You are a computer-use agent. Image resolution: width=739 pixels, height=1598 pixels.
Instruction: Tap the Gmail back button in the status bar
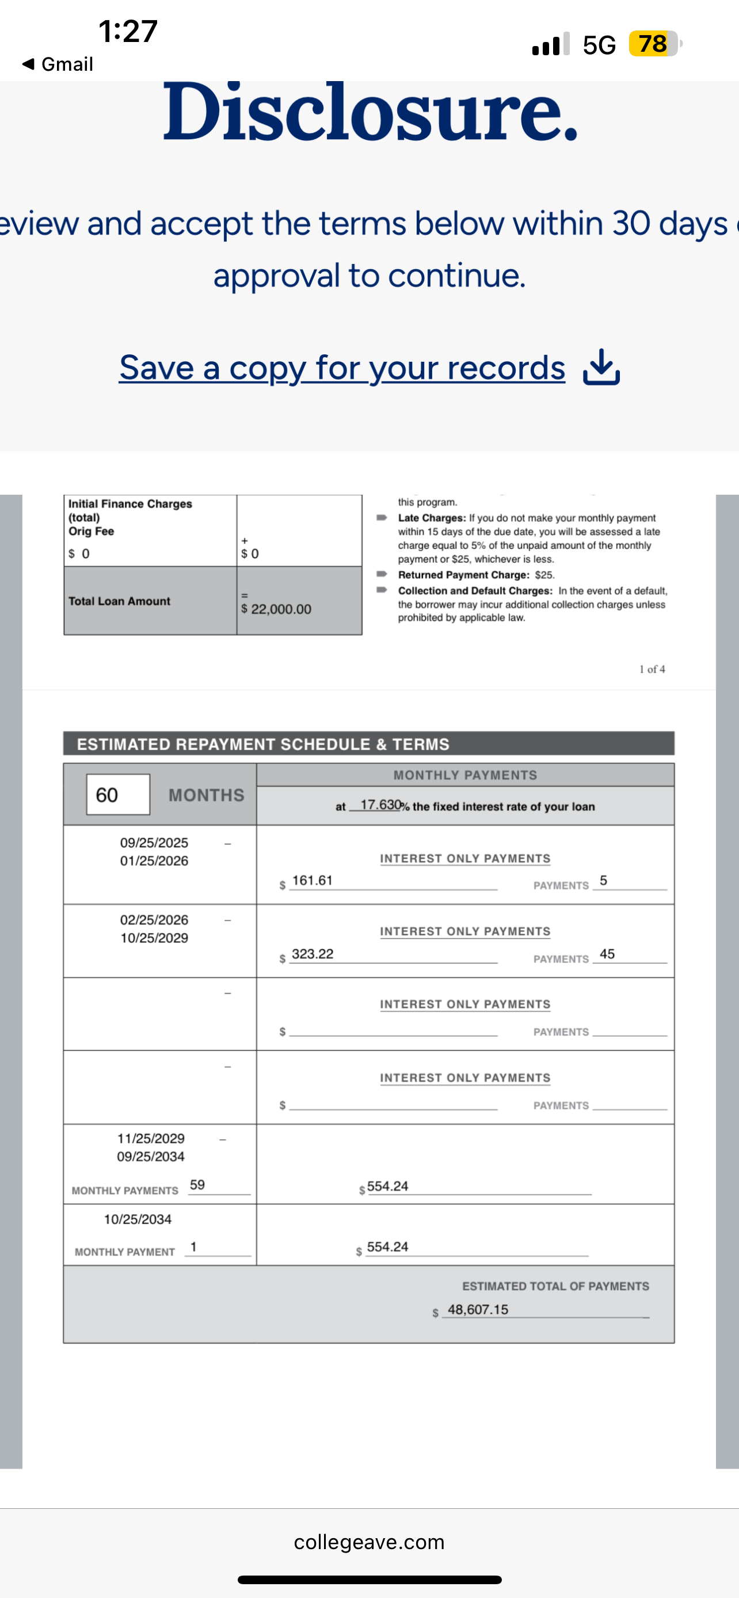tap(57, 64)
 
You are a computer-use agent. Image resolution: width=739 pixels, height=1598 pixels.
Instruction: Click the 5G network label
tap(599, 45)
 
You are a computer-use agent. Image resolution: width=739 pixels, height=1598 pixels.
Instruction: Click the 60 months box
tap(118, 794)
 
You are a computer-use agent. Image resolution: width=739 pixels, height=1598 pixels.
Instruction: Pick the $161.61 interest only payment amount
tap(312, 881)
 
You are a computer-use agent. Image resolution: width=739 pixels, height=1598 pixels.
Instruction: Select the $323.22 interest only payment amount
tap(312, 954)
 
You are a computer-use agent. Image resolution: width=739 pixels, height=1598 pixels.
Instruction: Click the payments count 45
tap(607, 954)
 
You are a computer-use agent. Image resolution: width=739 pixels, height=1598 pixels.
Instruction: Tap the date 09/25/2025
tap(154, 842)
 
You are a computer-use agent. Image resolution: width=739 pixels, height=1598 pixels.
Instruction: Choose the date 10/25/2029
tap(154, 938)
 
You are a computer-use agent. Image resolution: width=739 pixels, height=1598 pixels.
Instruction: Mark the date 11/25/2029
tap(151, 1138)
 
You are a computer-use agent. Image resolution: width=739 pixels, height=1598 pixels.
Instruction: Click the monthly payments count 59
tap(197, 1185)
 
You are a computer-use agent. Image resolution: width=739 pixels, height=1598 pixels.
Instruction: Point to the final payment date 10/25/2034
tap(138, 1219)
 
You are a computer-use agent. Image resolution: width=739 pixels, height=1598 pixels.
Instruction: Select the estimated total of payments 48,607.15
tap(478, 1310)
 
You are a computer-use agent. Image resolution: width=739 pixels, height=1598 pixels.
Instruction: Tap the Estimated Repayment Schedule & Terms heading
tap(263, 744)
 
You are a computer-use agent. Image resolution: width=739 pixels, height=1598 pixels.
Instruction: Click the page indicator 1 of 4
tap(652, 669)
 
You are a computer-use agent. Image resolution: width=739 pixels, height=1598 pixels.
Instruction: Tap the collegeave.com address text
tap(369, 1542)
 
